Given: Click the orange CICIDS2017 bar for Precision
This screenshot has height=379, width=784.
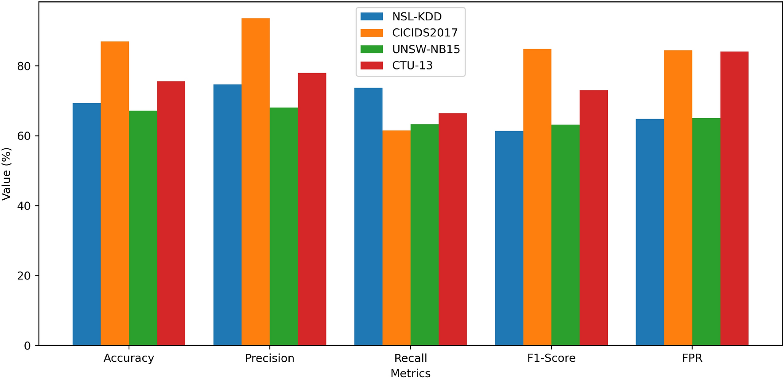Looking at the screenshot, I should [x=256, y=182].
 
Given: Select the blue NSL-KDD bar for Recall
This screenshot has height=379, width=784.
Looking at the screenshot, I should [x=368, y=217].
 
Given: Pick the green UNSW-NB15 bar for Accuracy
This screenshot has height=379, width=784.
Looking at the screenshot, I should [x=143, y=228].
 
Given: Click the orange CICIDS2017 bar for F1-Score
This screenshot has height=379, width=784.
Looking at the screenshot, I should [x=537, y=197].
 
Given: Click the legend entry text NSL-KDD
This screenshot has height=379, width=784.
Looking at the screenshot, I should [x=417, y=17].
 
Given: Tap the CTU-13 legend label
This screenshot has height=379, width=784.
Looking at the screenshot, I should [x=412, y=66].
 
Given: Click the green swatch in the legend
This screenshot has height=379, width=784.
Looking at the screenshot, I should [x=372, y=49].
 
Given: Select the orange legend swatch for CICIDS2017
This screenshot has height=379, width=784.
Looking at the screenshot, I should [x=372, y=33].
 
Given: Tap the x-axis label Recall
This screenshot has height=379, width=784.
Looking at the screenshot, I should [x=411, y=358].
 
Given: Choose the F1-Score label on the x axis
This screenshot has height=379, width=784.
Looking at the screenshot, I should [x=551, y=358].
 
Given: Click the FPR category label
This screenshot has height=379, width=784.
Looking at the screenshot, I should [x=692, y=358].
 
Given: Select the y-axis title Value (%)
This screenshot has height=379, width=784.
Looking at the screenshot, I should [x=6, y=174].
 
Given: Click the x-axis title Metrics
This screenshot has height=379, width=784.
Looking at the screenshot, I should [x=410, y=373].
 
